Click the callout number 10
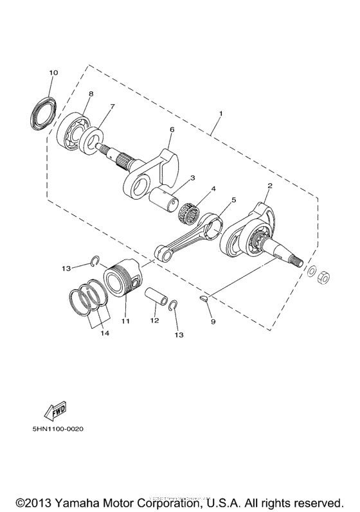(x=53, y=73)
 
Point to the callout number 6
(x=172, y=129)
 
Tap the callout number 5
(x=233, y=200)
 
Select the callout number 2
(x=270, y=186)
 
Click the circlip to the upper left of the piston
(x=94, y=260)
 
